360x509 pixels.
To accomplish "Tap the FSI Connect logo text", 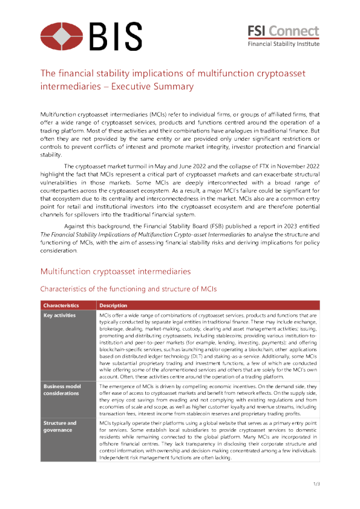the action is pos(284,31).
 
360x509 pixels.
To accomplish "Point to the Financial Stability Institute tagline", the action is pos(283,44).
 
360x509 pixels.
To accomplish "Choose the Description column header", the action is pos(113,305).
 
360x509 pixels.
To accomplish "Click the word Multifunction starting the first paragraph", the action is pos(59,114).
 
